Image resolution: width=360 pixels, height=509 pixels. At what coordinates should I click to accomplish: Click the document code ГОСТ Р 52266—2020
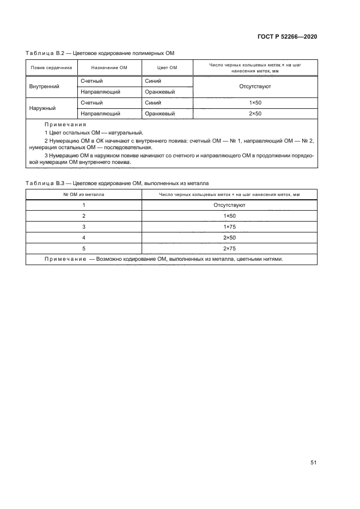click(286, 36)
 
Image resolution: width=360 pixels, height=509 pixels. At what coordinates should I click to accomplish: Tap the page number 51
click(313, 463)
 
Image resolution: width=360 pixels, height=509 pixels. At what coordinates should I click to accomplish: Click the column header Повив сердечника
click(51, 68)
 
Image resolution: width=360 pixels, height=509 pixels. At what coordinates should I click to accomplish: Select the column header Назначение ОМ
click(109, 68)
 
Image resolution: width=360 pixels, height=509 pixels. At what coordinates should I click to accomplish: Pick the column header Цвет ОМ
click(167, 68)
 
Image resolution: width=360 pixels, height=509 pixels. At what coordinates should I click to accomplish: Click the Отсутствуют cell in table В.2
click(255, 86)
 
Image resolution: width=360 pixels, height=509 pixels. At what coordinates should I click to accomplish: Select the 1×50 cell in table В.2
click(255, 102)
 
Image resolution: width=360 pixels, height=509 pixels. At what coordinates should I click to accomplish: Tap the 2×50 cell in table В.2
click(255, 113)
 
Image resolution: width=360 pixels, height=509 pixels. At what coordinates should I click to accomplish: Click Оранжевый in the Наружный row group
click(160, 113)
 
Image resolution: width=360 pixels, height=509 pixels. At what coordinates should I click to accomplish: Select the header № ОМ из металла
click(84, 194)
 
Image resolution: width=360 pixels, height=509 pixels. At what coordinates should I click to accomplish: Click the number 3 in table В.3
click(84, 226)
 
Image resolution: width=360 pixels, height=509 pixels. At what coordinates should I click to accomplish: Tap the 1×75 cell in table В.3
click(229, 226)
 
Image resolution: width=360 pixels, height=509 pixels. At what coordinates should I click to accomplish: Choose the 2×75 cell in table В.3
click(229, 248)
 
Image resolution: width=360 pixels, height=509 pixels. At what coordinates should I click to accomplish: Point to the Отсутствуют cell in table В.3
click(229, 205)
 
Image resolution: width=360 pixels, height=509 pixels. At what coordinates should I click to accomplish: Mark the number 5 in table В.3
click(84, 248)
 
